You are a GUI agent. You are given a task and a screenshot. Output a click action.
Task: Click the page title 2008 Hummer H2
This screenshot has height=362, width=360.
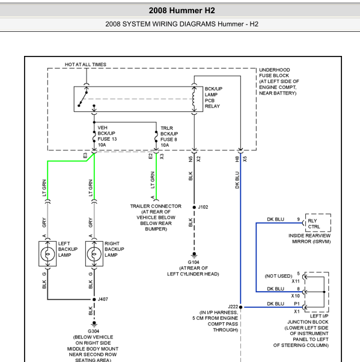pos(182,10)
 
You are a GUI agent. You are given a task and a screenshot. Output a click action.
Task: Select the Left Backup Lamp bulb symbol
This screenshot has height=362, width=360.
pos(47,254)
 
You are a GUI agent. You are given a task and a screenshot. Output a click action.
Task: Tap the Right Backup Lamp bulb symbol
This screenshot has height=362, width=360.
pos(94,254)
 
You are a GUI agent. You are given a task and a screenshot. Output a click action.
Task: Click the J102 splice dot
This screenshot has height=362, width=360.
pos(194,207)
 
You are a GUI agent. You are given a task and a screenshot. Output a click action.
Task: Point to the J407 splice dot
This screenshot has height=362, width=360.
pos(94,299)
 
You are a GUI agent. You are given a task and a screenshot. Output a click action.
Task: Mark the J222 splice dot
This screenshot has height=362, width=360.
pos(240,307)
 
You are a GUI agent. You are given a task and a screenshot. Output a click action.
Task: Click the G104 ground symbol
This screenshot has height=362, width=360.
pos(194,254)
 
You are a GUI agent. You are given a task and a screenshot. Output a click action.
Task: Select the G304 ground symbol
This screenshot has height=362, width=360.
pos(94,324)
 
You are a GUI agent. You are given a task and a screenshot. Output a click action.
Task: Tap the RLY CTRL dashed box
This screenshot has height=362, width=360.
pos(318,222)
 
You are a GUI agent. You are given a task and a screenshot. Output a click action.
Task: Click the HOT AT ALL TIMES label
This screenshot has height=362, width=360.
pos(85,64)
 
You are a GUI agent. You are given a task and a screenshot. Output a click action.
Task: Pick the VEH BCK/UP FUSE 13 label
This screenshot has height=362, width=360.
pos(107,137)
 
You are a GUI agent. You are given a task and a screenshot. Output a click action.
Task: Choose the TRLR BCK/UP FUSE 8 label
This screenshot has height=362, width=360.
pos(169,137)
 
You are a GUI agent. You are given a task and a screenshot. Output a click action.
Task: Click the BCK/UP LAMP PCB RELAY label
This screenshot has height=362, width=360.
pos(213,97)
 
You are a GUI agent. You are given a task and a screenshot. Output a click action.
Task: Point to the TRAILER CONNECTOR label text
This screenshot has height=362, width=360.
pos(156,206)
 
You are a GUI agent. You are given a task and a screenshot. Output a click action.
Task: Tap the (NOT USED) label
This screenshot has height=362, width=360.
pos(278,276)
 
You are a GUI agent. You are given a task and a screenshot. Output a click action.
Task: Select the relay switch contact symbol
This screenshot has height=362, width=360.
pos(82,99)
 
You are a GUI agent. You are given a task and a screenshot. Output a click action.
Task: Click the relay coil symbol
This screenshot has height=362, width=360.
pos(194,99)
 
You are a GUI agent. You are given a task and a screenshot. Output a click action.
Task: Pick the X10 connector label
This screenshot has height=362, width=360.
pos(295,296)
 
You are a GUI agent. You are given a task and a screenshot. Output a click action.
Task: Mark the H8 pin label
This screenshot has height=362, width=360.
pos(237,159)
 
